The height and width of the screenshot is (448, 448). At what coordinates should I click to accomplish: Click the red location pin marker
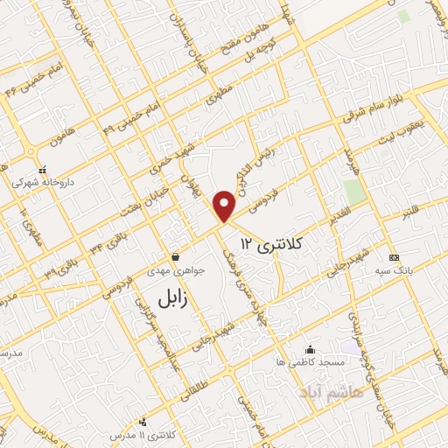click(x=226, y=206)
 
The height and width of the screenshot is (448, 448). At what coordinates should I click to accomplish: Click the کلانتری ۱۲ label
click(x=270, y=243)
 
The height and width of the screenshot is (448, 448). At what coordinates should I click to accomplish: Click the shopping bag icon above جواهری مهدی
click(x=176, y=258)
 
